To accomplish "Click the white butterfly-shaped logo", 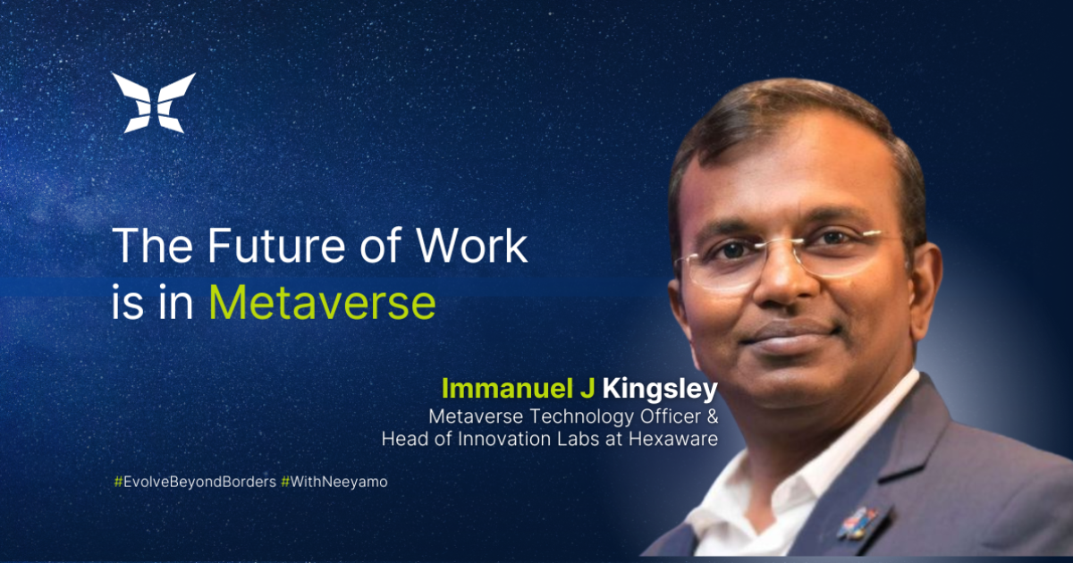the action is click(x=154, y=103).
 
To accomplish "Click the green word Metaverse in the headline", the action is click(x=323, y=303).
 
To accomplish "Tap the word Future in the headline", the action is click(x=276, y=245).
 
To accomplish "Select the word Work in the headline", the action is click(x=472, y=245).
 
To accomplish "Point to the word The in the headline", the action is click(x=152, y=245).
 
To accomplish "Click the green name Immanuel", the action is click(x=507, y=388).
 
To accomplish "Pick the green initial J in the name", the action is click(x=587, y=388).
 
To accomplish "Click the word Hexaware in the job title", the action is click(x=673, y=439).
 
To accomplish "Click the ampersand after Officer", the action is click(x=713, y=416).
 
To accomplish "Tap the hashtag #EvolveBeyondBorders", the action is click(x=195, y=482).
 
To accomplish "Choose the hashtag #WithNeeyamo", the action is click(x=334, y=482).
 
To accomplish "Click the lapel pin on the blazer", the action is click(x=857, y=523).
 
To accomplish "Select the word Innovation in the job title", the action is click(x=500, y=439).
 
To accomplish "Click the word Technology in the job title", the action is click(x=581, y=416).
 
